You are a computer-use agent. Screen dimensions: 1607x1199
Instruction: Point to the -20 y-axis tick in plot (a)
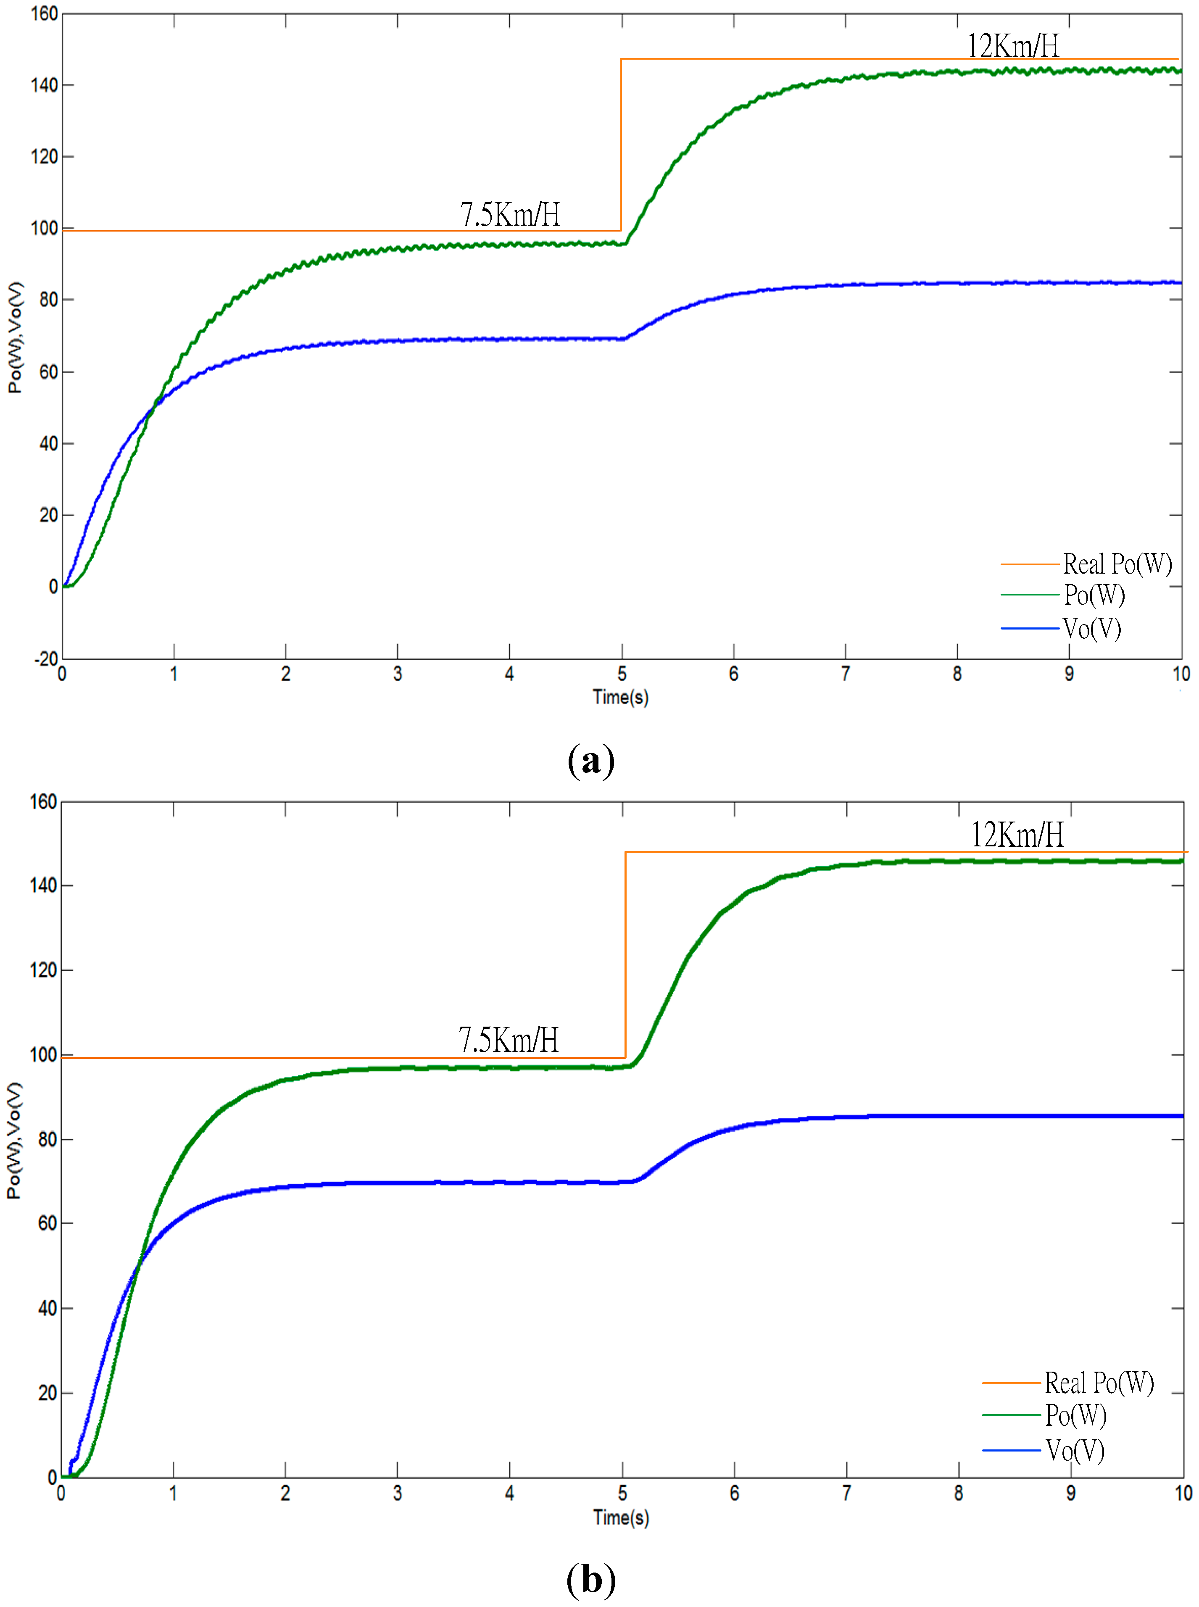point(46,659)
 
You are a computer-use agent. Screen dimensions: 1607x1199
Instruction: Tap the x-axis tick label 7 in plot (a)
point(846,674)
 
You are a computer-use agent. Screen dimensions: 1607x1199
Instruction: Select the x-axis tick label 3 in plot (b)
point(397,1493)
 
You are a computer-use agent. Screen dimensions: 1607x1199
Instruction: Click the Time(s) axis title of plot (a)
point(621,698)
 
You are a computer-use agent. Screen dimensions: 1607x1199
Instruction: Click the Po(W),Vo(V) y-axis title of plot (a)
point(15,337)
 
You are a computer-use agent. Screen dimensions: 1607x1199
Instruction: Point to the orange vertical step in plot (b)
point(625,954)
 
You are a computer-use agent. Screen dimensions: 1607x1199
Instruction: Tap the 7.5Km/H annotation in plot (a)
point(509,214)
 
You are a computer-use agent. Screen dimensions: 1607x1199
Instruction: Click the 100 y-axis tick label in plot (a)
point(44,228)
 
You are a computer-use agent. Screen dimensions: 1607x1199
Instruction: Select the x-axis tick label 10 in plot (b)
point(1183,1493)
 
